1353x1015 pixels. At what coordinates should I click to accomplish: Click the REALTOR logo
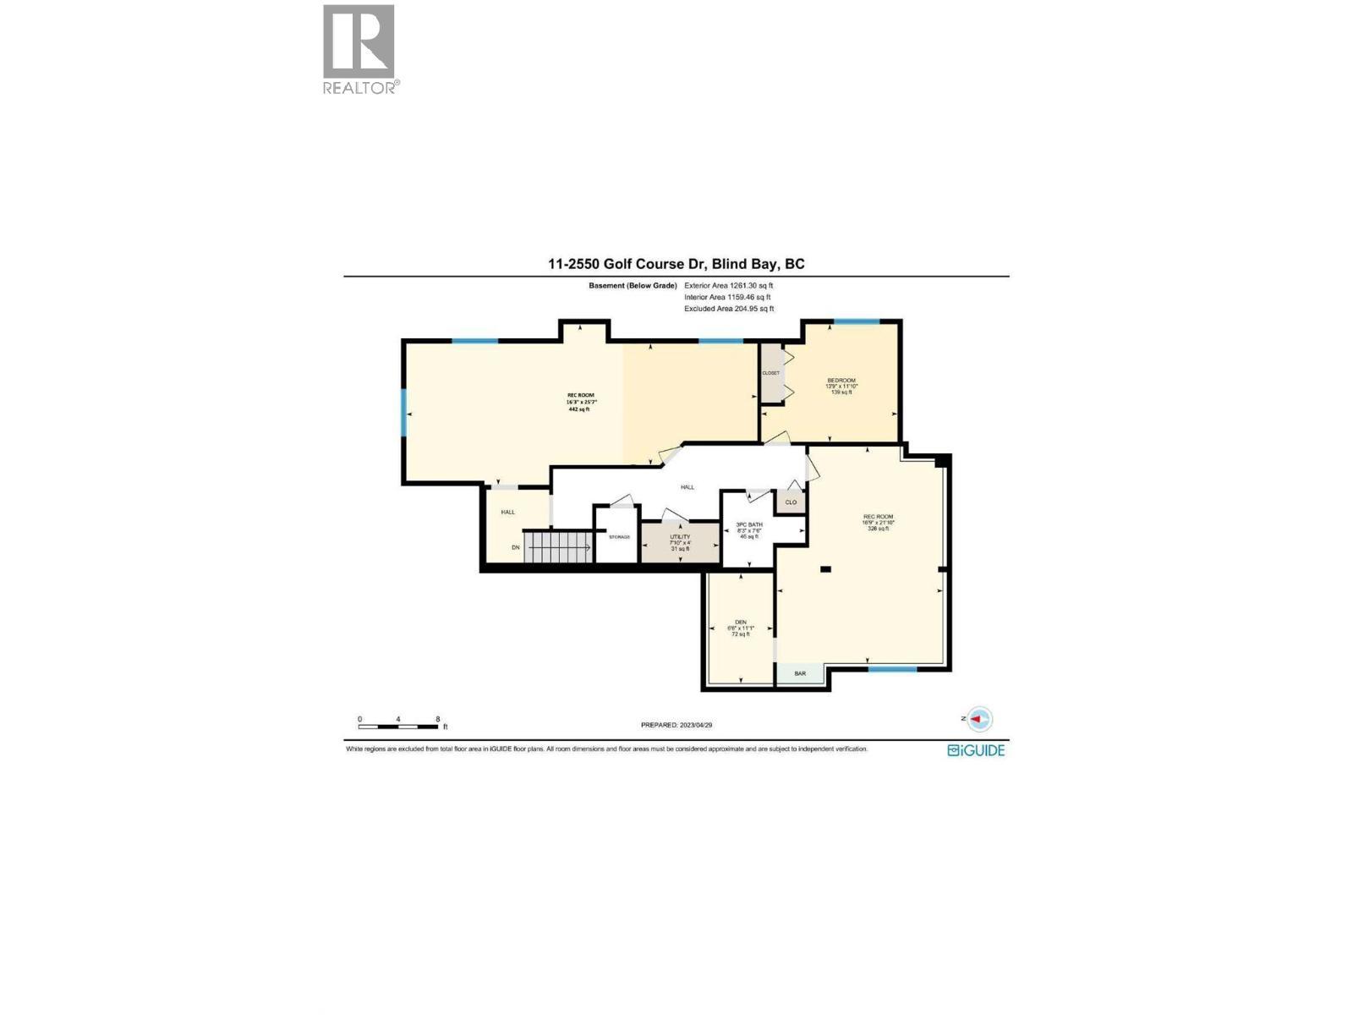click(x=359, y=49)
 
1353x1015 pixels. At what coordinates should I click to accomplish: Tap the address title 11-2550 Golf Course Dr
click(x=676, y=264)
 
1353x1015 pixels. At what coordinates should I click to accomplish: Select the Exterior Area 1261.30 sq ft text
click(x=728, y=286)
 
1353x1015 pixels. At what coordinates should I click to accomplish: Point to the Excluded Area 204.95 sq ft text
click(x=728, y=309)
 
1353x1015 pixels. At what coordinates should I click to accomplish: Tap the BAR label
click(x=800, y=673)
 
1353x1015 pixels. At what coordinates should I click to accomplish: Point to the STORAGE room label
click(x=619, y=537)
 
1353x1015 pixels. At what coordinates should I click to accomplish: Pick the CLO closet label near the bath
click(x=791, y=502)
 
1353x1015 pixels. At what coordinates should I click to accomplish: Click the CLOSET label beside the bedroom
click(x=770, y=373)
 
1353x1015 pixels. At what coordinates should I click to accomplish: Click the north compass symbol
click(x=979, y=719)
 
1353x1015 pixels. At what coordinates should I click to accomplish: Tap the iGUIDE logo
click(x=977, y=750)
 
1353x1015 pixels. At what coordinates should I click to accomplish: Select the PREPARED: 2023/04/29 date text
click(x=682, y=725)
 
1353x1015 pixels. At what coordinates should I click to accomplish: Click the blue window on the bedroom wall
click(x=857, y=321)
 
